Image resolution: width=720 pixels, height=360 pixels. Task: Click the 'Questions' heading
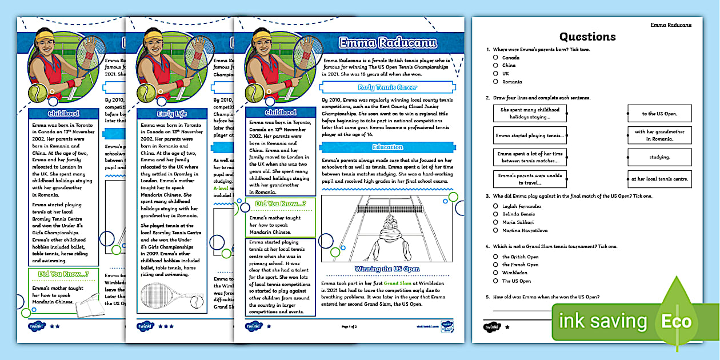[x=587, y=37]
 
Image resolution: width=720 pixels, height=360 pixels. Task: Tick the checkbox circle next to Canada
[x=495, y=58]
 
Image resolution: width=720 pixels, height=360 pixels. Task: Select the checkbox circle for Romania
[x=495, y=82]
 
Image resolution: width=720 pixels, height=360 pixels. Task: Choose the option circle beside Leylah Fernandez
[x=495, y=206]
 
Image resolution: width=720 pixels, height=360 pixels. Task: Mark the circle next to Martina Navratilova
[x=495, y=230]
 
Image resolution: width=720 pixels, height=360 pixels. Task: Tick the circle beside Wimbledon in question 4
[x=495, y=273]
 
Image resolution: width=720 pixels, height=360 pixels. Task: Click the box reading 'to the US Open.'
[x=659, y=113]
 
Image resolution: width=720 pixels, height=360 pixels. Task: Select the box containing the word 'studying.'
[x=659, y=157]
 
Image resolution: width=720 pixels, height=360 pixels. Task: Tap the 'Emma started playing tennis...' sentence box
[x=530, y=135]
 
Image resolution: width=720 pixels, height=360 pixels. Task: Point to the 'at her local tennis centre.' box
[x=659, y=179]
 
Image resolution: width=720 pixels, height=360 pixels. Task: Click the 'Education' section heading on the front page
[x=387, y=147]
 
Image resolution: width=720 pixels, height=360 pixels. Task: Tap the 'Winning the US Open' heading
[x=387, y=269]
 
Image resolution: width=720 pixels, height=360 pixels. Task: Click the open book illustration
[x=89, y=304]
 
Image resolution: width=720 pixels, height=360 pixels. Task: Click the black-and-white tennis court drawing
[x=387, y=229]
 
